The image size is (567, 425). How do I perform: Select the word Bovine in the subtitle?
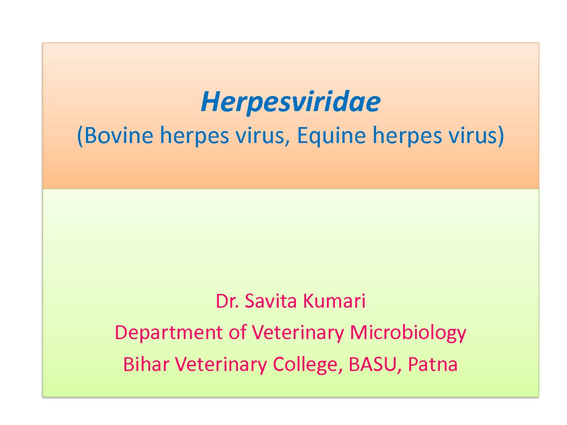coord(119,135)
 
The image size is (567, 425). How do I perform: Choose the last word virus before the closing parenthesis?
coord(473,135)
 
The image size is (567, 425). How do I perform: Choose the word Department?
coord(169,333)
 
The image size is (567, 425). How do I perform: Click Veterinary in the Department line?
coord(298,333)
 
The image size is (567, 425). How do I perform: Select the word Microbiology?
coord(408,333)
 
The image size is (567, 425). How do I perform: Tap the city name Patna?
coord(433,364)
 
